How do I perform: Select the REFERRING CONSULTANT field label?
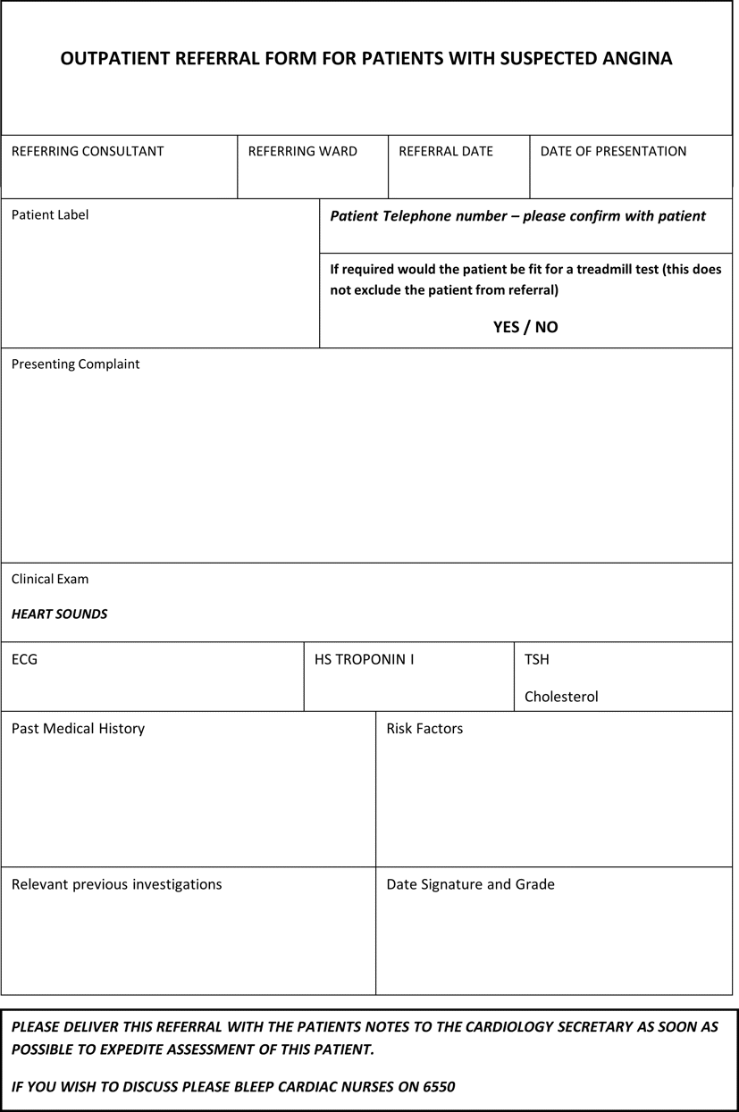88,151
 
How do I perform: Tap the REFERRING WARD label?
302,151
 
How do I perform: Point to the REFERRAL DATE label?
446,151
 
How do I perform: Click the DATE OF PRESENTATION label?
613,151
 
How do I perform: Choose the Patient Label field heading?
50,214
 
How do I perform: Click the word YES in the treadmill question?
506,327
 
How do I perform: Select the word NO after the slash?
547,327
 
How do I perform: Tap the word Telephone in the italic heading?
418,216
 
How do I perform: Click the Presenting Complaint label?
76,364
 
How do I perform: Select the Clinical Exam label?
50,579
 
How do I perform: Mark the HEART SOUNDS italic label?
59,614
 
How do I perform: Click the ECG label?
24,660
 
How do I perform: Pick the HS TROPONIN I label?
364,660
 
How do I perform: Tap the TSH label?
536,660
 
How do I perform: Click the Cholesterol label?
561,697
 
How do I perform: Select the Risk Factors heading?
424,729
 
